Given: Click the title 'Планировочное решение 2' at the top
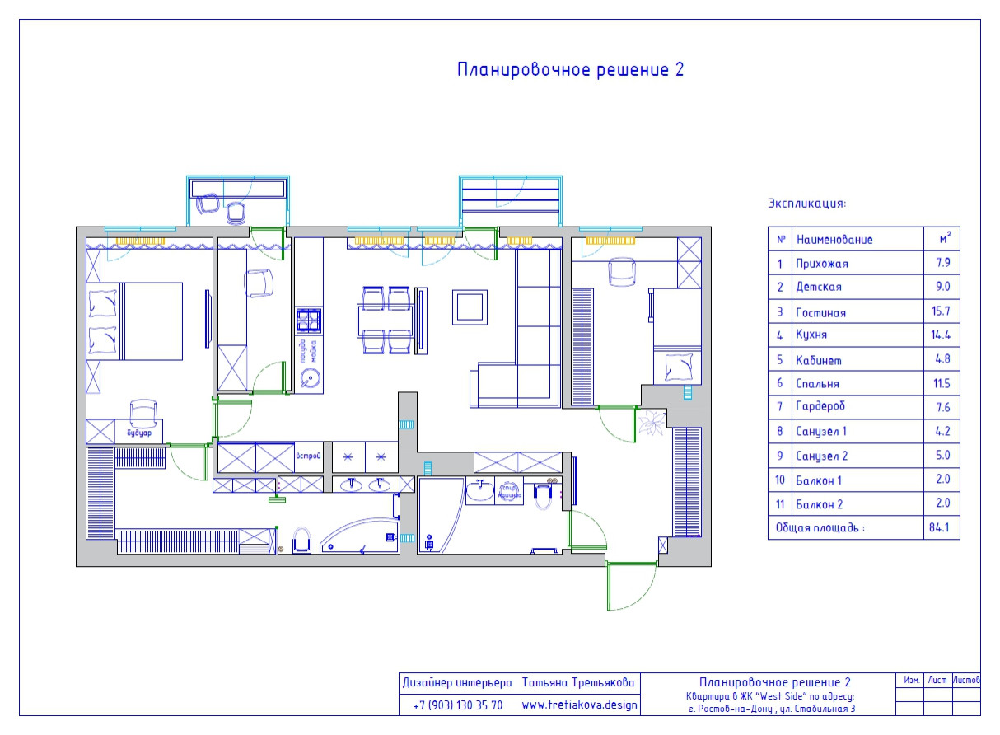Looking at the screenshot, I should [x=570, y=70].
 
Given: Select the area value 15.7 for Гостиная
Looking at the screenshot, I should [x=942, y=312].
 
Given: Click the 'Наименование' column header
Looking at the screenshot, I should [x=834, y=240].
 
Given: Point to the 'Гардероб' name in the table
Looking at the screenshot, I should [x=821, y=407].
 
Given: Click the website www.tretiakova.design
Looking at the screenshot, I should [x=580, y=705].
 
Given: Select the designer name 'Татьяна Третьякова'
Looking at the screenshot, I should [x=579, y=683].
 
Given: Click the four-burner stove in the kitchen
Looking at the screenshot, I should [x=309, y=319].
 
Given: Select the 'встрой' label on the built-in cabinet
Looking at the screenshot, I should [x=307, y=455].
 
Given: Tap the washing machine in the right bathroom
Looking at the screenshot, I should [x=508, y=493].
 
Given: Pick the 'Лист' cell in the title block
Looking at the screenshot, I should [x=937, y=681].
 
